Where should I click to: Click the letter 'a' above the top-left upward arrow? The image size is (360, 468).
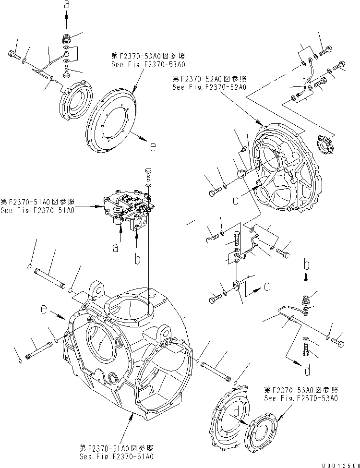[x=66, y=5]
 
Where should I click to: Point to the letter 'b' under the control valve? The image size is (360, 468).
[x=137, y=260]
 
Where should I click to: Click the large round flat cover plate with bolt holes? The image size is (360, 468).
[x=112, y=122]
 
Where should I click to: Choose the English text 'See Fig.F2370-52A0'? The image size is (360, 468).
[x=209, y=87]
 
